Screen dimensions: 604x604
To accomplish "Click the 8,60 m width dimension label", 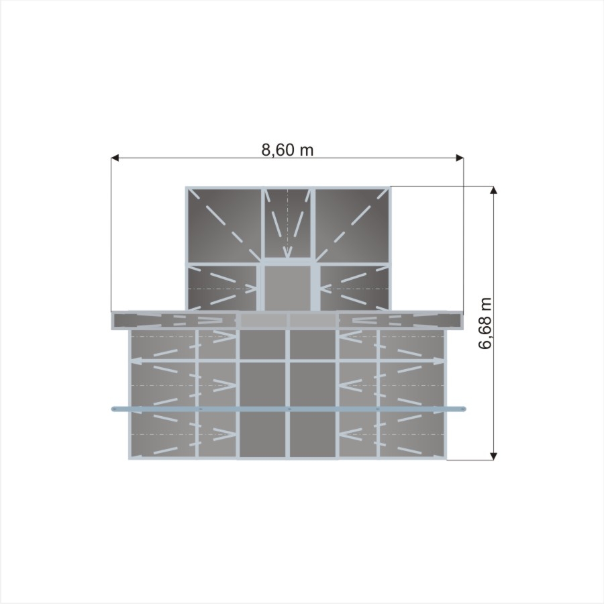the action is (287, 150).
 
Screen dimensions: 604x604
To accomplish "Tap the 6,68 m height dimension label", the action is (485, 323).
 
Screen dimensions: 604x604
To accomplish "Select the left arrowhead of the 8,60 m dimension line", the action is (115, 158).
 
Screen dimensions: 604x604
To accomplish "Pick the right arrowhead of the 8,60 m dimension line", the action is (460, 158).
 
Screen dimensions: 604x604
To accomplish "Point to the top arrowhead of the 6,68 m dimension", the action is (493, 191).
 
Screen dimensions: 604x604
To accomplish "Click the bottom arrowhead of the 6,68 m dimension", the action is (493, 456).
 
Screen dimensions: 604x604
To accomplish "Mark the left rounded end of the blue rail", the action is (114, 409).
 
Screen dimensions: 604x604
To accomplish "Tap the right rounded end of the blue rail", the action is (463, 408).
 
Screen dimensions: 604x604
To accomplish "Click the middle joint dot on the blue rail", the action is (289, 409).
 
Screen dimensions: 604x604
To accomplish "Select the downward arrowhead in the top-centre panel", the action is (287, 253).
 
